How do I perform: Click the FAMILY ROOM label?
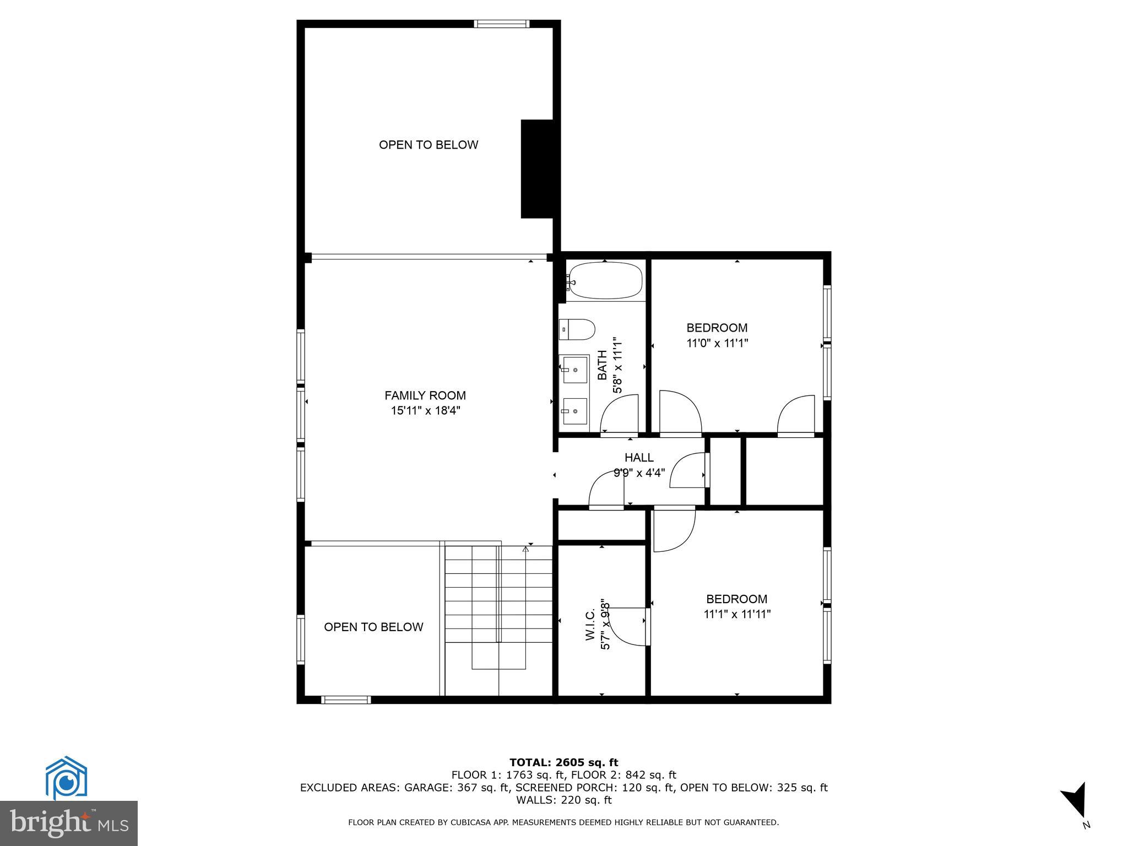coord(425,395)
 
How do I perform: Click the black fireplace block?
coord(537,169)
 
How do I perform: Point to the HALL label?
coord(639,458)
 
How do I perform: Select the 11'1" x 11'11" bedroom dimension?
coord(737,614)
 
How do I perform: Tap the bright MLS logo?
coord(68,823)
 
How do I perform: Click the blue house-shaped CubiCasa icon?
coord(66,778)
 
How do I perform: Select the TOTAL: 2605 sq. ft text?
coord(563,763)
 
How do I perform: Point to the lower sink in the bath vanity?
coord(574,411)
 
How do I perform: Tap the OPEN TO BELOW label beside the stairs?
coord(373,627)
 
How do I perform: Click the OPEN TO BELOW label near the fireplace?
coord(428,145)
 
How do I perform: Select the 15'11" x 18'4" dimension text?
coord(425,410)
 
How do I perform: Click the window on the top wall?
coord(501,24)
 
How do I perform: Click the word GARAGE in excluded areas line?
coord(427,788)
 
